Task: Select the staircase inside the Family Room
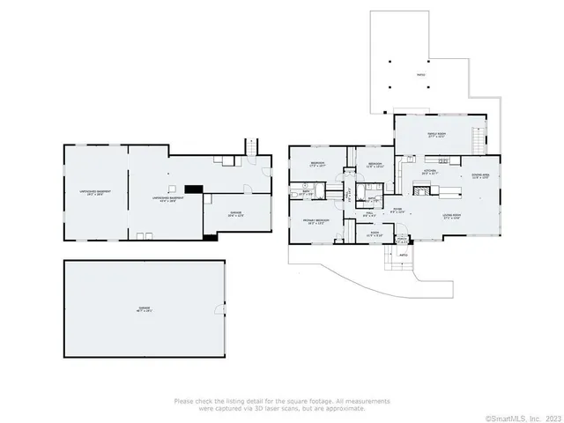pos(479,139)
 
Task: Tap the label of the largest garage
pos(144,309)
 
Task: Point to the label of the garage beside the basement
pos(236,214)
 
